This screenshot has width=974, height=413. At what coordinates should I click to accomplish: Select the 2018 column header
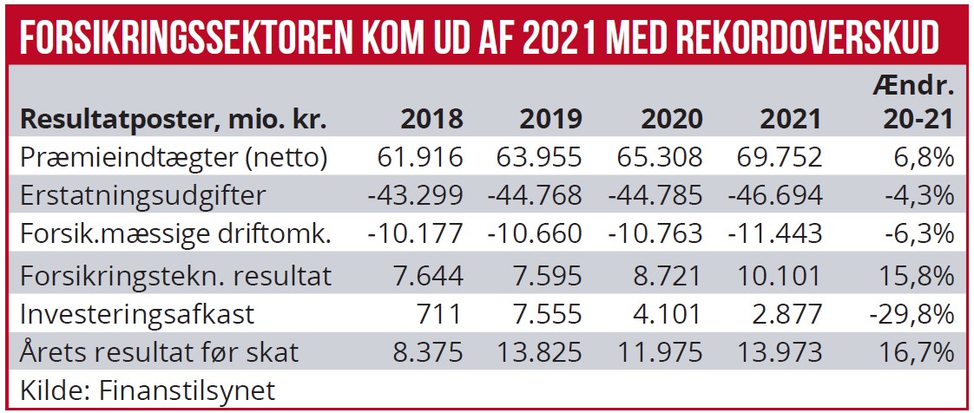point(432,118)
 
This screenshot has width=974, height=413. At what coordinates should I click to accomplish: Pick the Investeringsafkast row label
point(133,314)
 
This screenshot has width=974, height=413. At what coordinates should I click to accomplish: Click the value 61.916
point(421,156)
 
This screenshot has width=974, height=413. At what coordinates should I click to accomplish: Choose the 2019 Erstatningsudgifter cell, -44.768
point(536,195)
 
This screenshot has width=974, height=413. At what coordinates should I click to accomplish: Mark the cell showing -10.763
point(655,234)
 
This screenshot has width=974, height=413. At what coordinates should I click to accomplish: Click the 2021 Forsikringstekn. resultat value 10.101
point(779,275)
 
